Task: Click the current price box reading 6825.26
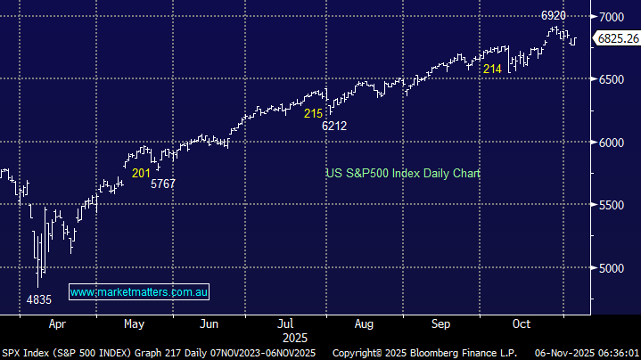click(x=617, y=39)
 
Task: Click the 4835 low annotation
click(x=40, y=299)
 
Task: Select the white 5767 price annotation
click(x=163, y=184)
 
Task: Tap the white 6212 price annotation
click(x=334, y=126)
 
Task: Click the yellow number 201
click(x=141, y=173)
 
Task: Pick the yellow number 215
click(x=313, y=114)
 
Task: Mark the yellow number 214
click(x=492, y=69)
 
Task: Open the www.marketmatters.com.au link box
click(x=139, y=292)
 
